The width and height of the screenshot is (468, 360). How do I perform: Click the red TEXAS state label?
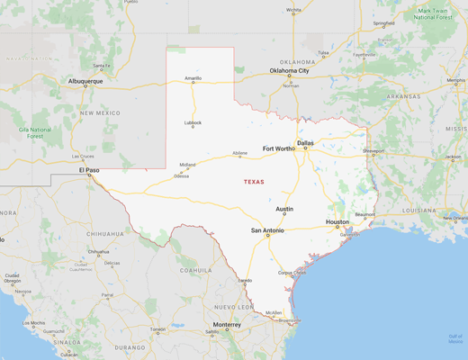255,182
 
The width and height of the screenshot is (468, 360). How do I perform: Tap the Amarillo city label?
193,78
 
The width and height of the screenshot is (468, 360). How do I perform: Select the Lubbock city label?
193,122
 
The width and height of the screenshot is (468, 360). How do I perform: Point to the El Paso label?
89,169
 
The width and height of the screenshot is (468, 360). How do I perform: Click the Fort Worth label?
278,148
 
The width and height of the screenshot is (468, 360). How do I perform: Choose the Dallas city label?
306,142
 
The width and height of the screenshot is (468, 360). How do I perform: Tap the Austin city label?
284,209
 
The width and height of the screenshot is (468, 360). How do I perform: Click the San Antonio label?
267,230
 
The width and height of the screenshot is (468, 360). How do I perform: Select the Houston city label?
337,221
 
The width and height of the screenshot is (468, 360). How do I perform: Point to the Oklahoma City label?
290,70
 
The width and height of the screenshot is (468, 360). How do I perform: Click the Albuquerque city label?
86,81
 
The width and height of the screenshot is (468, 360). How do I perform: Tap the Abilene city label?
239,153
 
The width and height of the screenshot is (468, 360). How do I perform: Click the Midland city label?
187,165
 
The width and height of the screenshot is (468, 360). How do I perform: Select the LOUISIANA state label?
420,210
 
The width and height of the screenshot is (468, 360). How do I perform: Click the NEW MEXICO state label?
99,112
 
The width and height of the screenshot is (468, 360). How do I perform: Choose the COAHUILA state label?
195,269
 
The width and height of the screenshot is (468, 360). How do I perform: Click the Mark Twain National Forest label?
436,13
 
